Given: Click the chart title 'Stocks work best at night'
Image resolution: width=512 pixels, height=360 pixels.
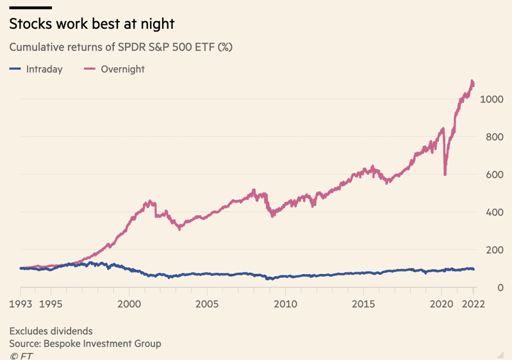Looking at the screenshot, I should [92, 24].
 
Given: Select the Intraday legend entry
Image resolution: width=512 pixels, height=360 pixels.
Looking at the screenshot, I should [37, 69].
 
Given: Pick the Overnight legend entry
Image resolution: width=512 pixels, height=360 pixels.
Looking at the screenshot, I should [115, 69].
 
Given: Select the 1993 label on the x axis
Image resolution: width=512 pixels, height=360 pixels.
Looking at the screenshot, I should [21, 303].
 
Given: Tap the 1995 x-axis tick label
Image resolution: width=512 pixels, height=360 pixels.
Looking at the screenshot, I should [51, 303].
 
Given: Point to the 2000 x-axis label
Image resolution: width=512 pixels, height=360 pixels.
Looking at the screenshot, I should [129, 303].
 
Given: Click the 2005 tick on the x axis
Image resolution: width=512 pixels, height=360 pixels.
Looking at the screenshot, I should [207, 303].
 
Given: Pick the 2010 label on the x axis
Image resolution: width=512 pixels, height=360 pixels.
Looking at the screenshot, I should [285, 303].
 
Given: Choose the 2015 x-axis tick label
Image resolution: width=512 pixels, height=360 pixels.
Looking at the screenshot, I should [363, 303].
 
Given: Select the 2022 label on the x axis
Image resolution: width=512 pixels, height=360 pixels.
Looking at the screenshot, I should [473, 303].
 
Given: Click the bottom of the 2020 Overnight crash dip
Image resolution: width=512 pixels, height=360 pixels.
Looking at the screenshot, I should [445, 174].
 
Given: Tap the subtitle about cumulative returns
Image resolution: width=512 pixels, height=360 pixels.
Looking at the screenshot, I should [120, 47].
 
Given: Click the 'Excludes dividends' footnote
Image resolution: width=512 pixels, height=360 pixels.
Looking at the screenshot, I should [51, 331].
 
